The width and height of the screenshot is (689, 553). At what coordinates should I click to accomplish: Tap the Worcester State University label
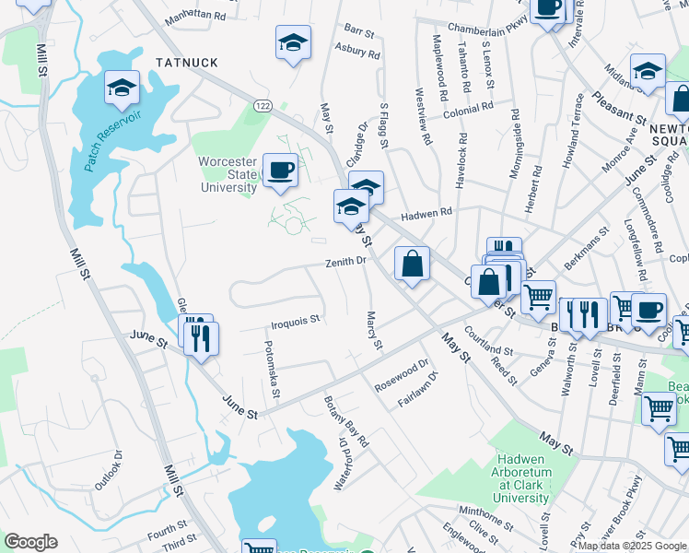[x=228, y=174]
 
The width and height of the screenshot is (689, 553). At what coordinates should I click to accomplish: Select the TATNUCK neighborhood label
[x=186, y=62]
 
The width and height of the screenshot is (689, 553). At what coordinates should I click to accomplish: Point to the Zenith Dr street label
[x=346, y=262]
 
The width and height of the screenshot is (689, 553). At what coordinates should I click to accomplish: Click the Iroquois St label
[x=295, y=322]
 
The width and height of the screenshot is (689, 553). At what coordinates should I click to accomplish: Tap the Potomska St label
[x=273, y=369]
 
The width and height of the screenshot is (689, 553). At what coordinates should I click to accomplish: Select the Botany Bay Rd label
[x=346, y=421]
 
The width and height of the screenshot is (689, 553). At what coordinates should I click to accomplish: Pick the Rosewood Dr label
[x=403, y=375]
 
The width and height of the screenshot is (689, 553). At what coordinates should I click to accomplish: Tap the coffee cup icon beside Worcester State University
[x=280, y=170]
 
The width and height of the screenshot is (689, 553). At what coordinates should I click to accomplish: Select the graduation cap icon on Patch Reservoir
[x=121, y=88]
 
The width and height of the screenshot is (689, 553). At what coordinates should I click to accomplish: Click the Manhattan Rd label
[x=195, y=17]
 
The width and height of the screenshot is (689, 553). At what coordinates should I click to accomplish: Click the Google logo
[x=30, y=541]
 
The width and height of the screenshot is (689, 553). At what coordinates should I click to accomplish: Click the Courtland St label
[x=488, y=345]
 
